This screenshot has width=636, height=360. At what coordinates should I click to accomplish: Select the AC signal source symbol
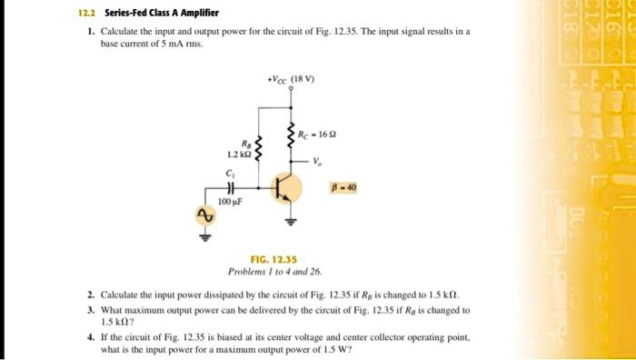tap(204, 216)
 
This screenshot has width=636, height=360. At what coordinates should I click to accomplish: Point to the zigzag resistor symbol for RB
tap(259, 148)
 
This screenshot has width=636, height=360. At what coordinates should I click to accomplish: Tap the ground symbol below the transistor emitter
tap(293, 219)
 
